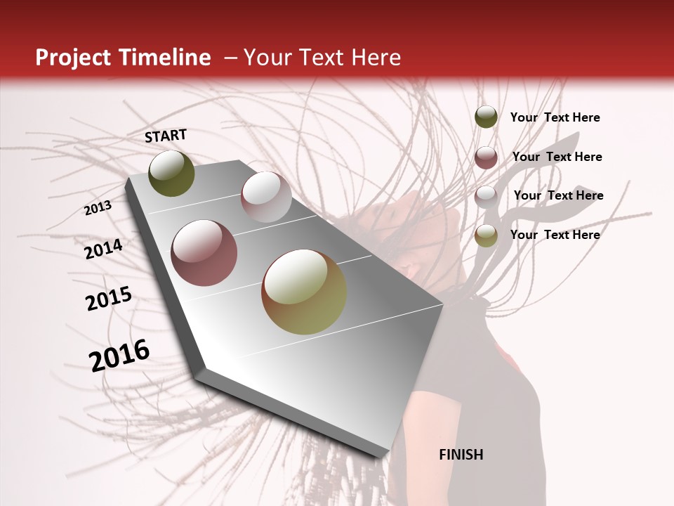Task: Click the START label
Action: [166, 136]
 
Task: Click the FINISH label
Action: [461, 455]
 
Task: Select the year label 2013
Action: [98, 207]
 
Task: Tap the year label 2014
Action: [103, 249]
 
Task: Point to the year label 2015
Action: [109, 299]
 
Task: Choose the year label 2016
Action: [119, 356]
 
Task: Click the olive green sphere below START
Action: [171, 173]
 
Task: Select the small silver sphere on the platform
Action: [266, 196]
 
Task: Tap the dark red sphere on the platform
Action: [204, 252]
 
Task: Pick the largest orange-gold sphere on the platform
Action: [304, 292]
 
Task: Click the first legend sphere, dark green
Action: [486, 117]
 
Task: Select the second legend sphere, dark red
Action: [486, 157]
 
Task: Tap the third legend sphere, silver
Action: [486, 196]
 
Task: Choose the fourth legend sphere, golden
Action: [486, 235]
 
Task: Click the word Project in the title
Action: [73, 58]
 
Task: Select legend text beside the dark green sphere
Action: [555, 117]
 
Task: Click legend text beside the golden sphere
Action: [555, 235]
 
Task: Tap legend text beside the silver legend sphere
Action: [558, 195]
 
